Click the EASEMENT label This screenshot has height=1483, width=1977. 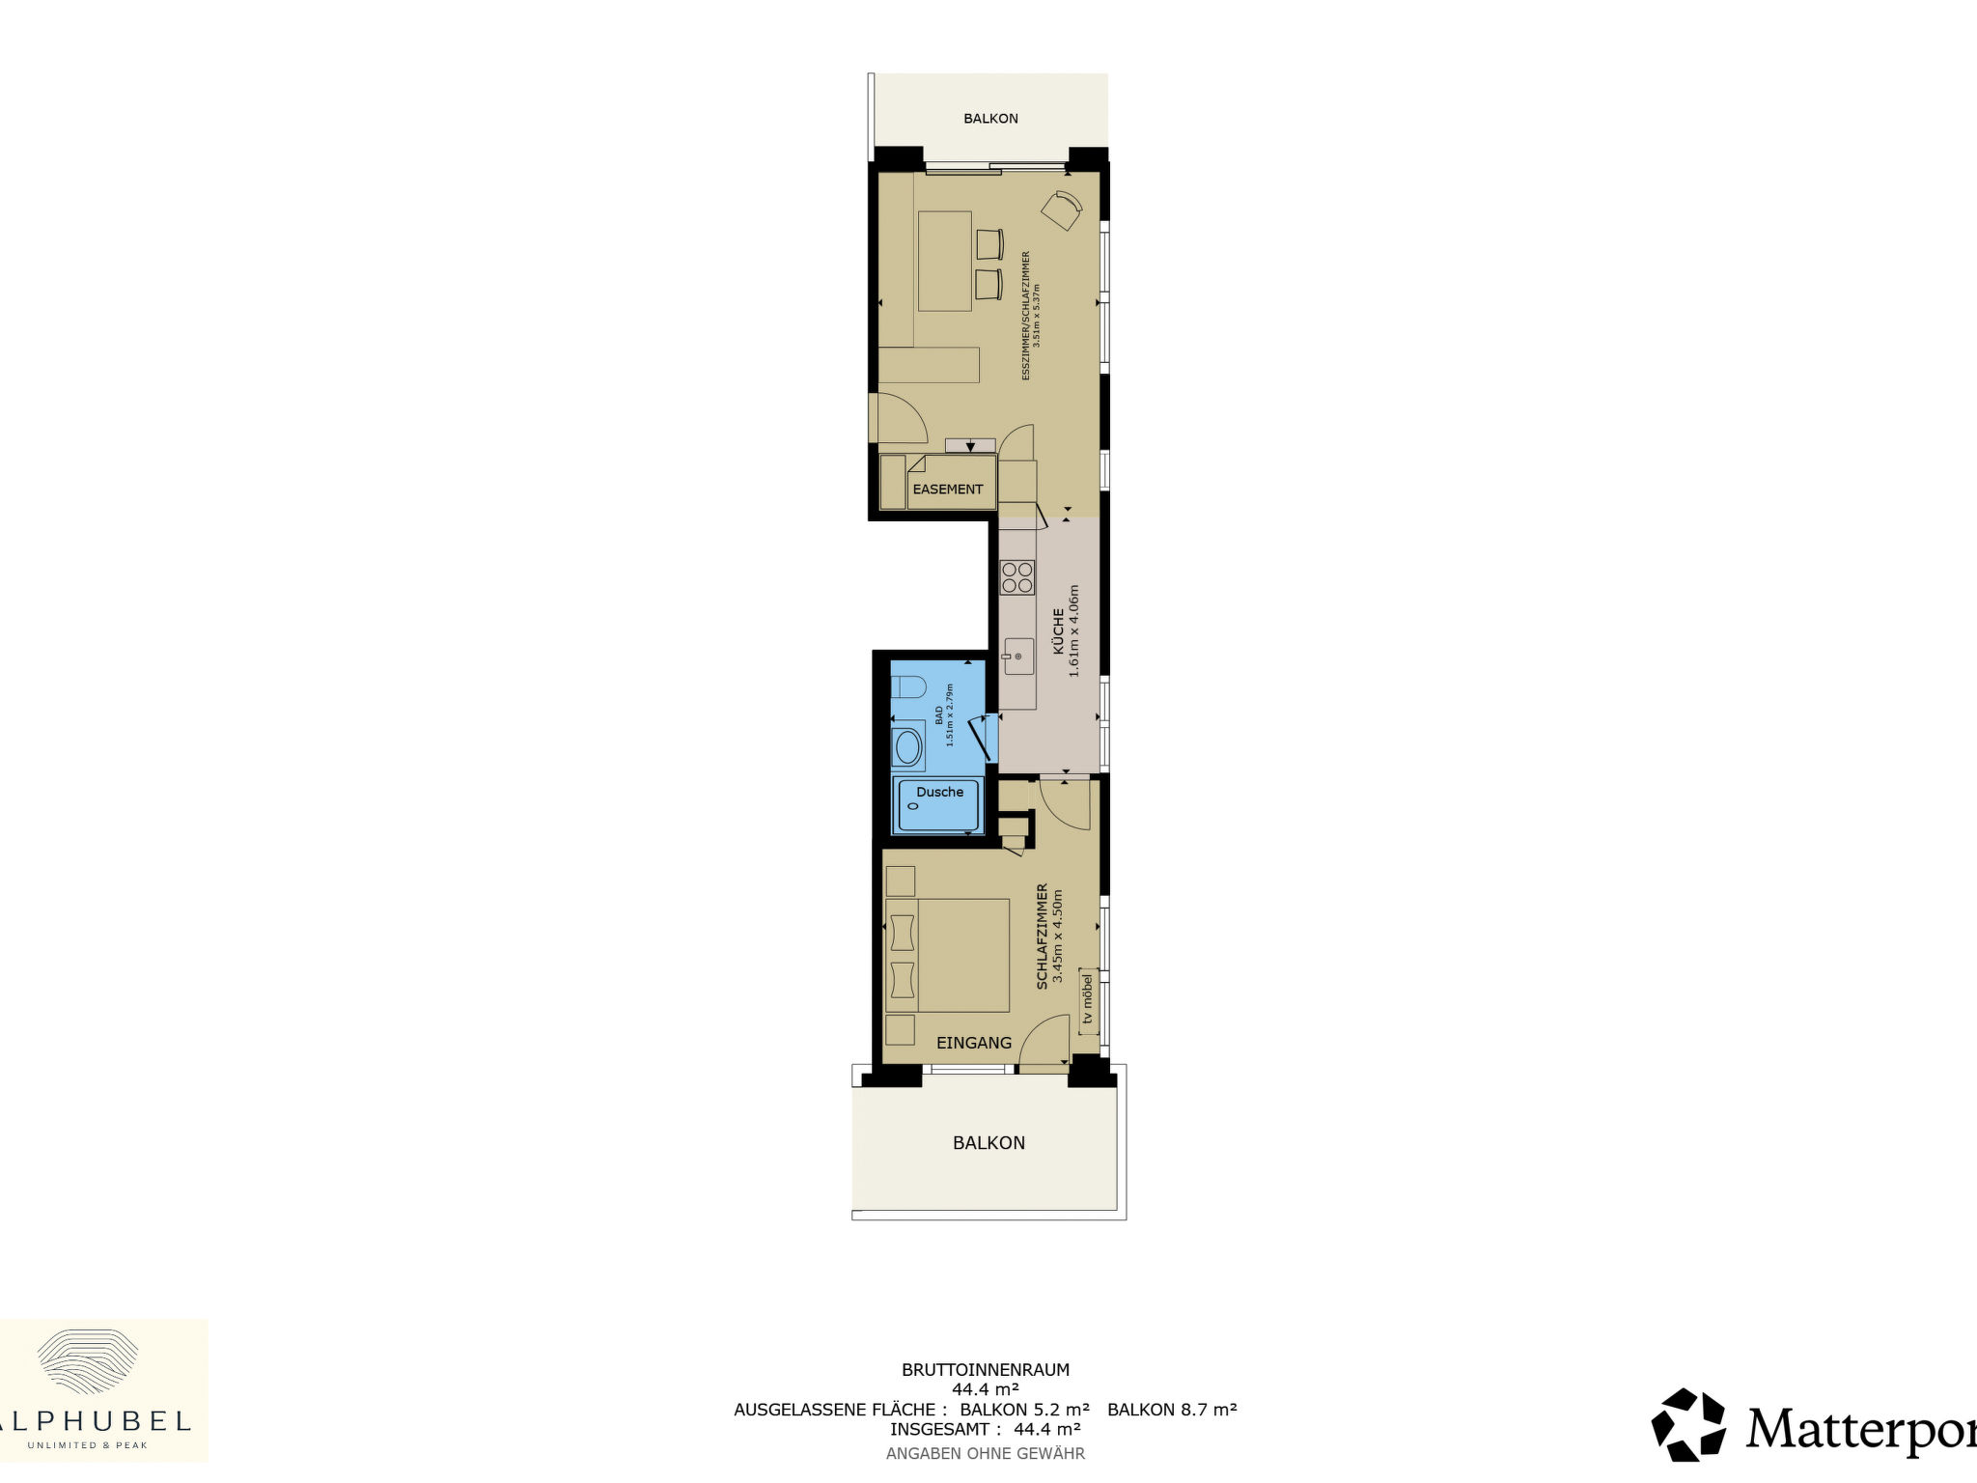pos(948,490)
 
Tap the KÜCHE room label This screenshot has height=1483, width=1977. pos(1058,631)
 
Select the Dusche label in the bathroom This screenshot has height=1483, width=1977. pos(940,792)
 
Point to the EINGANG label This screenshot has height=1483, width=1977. pos(974,1043)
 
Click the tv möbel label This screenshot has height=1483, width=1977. pos(1088,998)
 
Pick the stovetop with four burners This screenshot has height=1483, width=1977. pos(1017,576)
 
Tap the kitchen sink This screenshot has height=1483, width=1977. pos(1018,657)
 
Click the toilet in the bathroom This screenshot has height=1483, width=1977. pos(907,687)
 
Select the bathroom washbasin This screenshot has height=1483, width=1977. pos(907,747)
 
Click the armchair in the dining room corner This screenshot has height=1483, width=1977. pos(1062,210)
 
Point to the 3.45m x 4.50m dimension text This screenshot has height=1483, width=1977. pos(1058,937)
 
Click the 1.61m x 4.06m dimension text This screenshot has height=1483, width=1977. pos(1074,631)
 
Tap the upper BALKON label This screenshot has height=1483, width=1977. pos(990,119)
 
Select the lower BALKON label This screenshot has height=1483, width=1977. pos(988,1143)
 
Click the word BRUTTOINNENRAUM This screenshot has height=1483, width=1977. pos(986,1369)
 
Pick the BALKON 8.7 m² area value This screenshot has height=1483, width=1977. pos(1172,1409)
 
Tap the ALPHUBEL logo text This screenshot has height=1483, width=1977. pos(96,1420)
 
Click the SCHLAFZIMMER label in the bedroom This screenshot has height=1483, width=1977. pos(1043,937)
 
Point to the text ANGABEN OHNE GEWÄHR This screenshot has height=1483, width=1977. pos(986,1453)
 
